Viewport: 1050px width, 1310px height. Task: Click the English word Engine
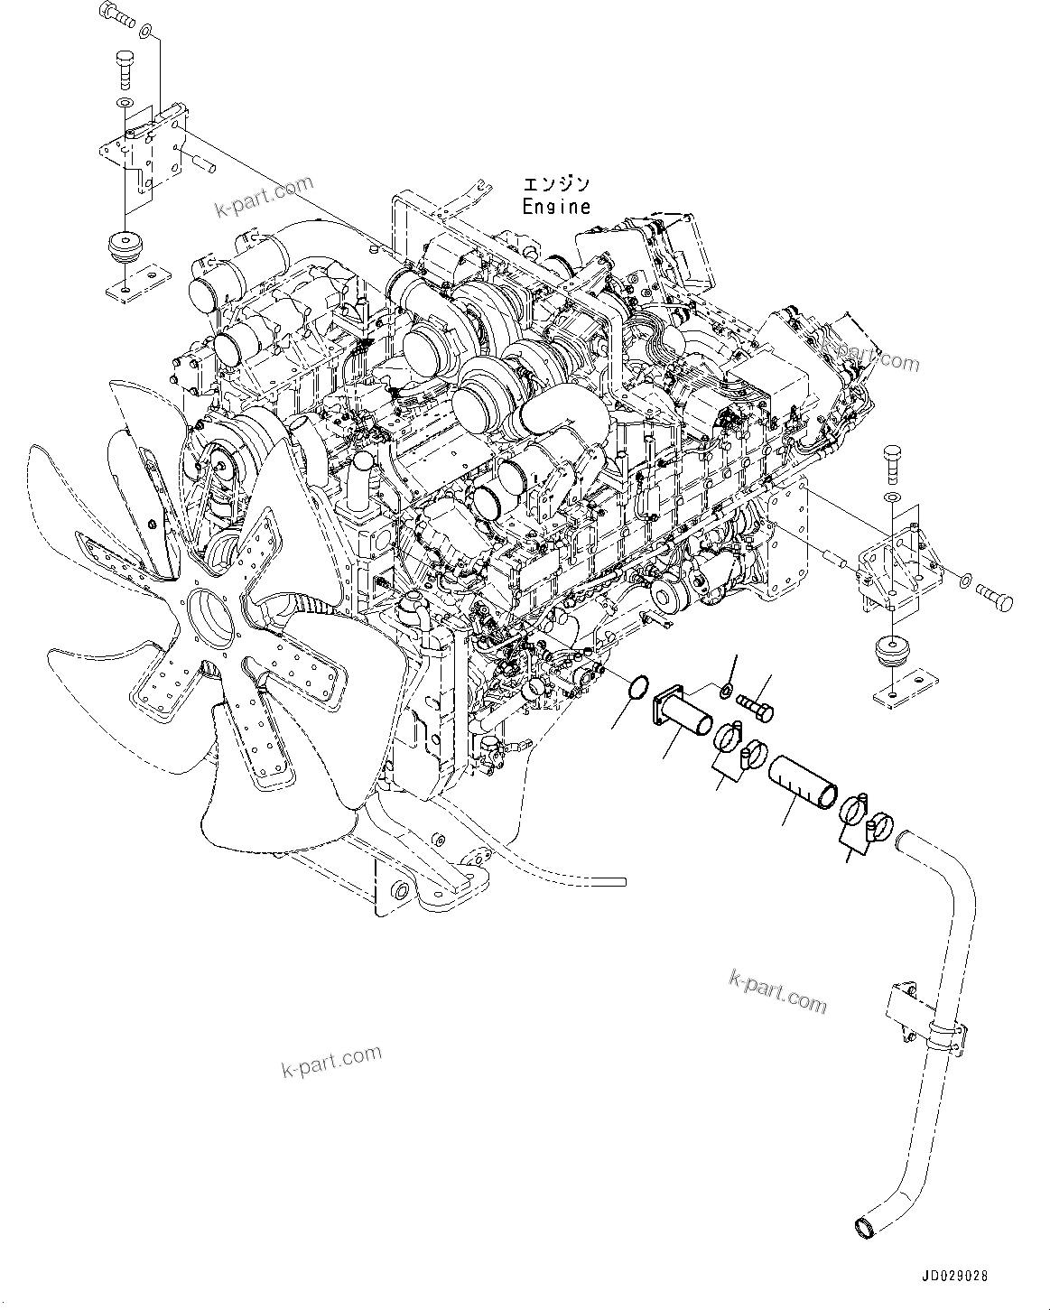click(556, 207)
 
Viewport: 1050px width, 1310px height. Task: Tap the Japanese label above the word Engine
click(557, 185)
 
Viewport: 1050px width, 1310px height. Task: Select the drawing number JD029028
click(955, 1277)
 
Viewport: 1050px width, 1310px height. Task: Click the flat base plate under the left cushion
click(135, 280)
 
